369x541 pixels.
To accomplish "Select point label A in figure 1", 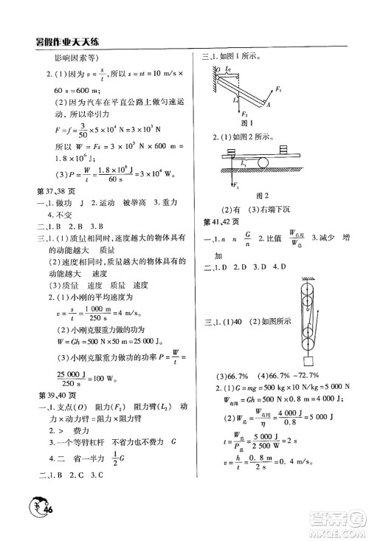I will (x=266, y=106).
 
